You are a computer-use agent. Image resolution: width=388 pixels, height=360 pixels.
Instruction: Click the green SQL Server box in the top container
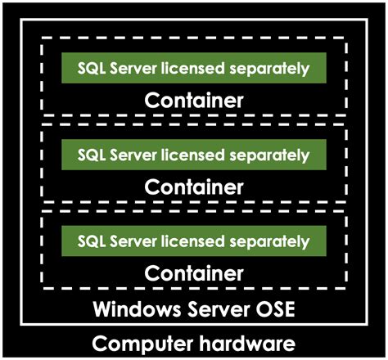(x=194, y=68)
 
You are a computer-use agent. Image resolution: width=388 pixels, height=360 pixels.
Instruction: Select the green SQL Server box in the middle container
(x=194, y=154)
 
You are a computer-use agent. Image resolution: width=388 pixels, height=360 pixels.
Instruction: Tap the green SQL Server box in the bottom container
(x=194, y=241)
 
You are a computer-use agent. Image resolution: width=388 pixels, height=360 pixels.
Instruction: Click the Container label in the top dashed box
(x=194, y=101)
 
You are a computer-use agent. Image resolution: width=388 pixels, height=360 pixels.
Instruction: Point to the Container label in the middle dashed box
(x=194, y=187)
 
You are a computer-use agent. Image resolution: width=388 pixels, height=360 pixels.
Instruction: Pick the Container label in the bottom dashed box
(x=194, y=272)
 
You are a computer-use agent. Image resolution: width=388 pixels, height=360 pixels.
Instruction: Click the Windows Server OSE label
(x=194, y=311)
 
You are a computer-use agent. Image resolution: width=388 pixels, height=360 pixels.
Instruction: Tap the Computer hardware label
(x=194, y=343)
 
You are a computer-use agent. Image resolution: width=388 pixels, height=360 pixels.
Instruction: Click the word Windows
(x=134, y=311)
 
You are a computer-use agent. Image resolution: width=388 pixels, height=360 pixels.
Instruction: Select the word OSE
(x=273, y=311)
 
